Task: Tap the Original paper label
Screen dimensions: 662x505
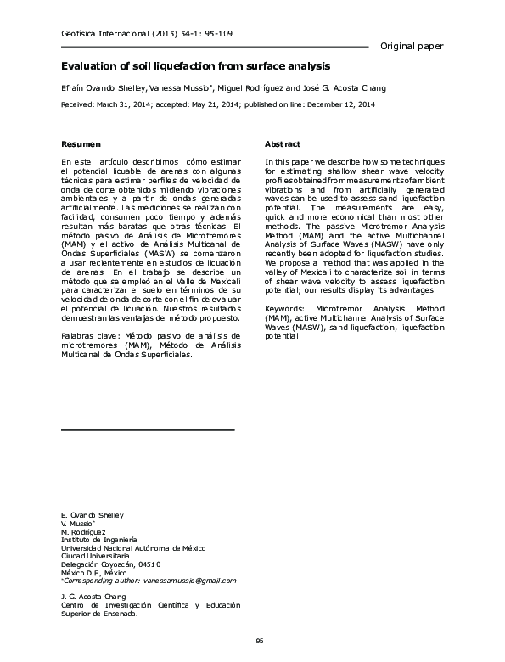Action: (x=412, y=45)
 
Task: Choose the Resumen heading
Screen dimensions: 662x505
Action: (x=81, y=144)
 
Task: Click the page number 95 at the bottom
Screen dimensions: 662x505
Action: (x=259, y=641)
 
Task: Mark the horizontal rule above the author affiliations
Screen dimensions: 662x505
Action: (x=148, y=431)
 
